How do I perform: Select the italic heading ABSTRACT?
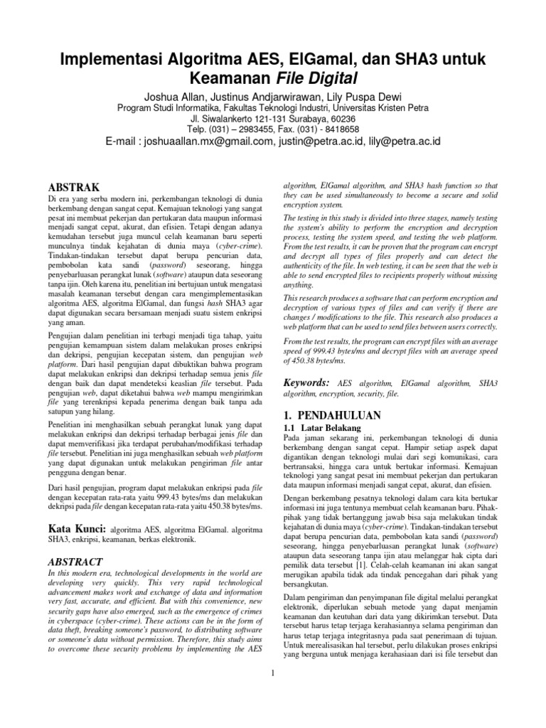75,562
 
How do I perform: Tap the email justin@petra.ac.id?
318,141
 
